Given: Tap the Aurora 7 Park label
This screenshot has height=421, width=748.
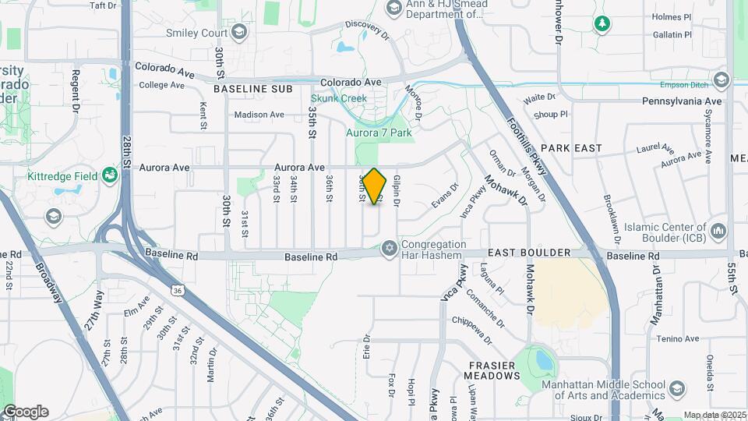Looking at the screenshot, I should pyautogui.click(x=379, y=133).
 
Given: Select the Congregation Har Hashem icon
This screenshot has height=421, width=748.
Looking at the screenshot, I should pyautogui.click(x=389, y=249).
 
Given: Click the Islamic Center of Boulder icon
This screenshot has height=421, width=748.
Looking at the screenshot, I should pyautogui.click(x=718, y=232).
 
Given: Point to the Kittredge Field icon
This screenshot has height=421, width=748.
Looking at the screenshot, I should pyautogui.click(x=110, y=176).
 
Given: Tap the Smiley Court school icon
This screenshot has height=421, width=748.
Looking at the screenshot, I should pyautogui.click(x=238, y=33).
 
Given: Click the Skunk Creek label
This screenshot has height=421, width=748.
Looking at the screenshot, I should pyautogui.click(x=338, y=98).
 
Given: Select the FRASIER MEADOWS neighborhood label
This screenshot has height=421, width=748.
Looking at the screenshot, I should pyautogui.click(x=494, y=370).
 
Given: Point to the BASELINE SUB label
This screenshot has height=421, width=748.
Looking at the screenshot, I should pyautogui.click(x=252, y=90).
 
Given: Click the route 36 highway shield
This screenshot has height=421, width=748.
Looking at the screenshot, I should pyautogui.click(x=178, y=290).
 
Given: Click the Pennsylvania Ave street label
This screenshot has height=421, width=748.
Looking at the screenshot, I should pyautogui.click(x=682, y=101).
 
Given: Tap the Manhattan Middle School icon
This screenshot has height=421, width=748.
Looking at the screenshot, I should pyautogui.click(x=677, y=387).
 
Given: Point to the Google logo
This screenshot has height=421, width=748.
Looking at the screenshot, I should pyautogui.click(x=25, y=412).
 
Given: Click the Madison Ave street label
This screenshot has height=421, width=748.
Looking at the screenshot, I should pyautogui.click(x=259, y=115).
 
